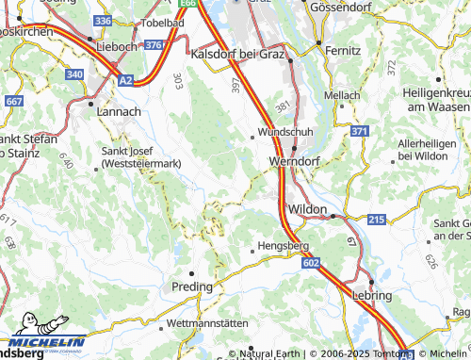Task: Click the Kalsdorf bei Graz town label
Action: pos(237,55)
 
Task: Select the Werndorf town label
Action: pos(295,162)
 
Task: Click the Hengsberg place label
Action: pos(284,246)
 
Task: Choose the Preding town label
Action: pos(191,285)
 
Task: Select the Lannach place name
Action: pos(118,110)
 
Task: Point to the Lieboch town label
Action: pos(117,44)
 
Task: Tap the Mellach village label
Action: pos(342,95)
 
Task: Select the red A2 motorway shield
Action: pos(126,81)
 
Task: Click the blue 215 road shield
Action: pos(376,220)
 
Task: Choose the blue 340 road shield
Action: pos(75,74)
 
